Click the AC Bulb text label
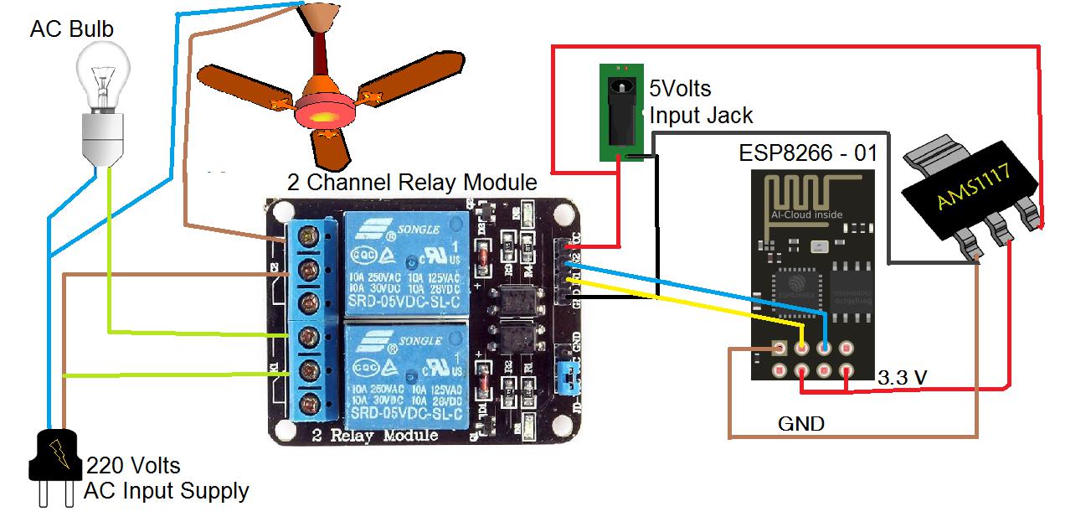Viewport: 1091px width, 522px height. [71, 30]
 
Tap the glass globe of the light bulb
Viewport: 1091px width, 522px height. [102, 75]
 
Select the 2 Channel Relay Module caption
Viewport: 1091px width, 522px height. [412, 182]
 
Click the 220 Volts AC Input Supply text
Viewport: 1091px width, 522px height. [166, 478]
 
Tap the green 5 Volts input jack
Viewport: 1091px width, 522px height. [620, 113]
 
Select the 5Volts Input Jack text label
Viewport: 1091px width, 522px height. [701, 101]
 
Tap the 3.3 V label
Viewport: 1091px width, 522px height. [902, 378]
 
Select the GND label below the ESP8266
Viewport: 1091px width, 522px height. [801, 423]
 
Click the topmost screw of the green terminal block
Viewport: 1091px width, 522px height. [312, 240]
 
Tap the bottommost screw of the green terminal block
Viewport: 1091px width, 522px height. [312, 401]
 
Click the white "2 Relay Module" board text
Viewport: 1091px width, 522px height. [374, 436]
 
